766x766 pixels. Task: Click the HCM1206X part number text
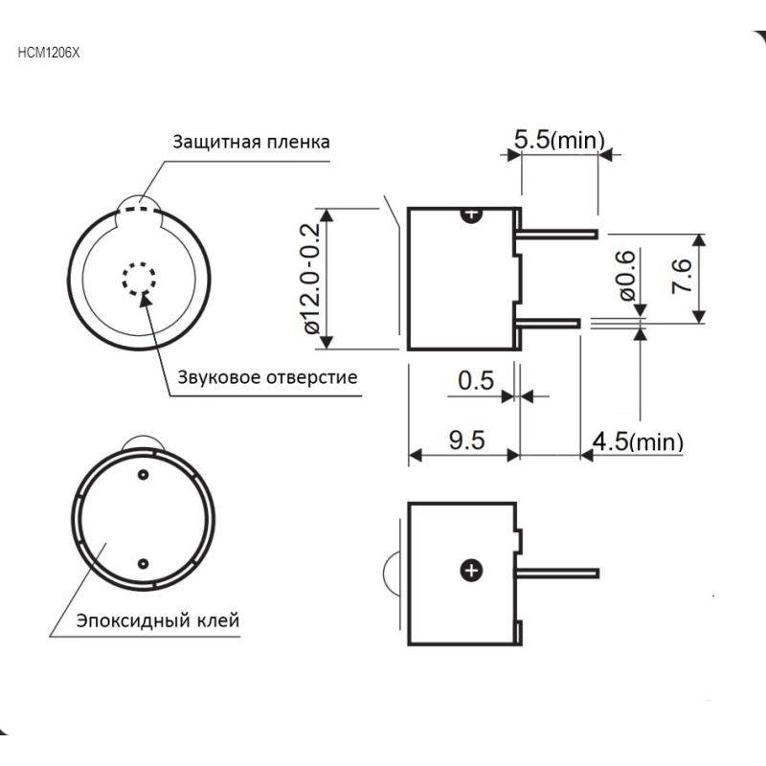tap(49, 53)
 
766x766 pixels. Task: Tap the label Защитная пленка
tap(251, 142)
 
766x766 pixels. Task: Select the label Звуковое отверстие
tap(267, 377)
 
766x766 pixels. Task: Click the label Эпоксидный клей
tap(158, 620)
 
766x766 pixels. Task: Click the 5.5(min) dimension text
tap(559, 140)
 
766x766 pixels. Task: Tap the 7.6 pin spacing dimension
tap(682, 276)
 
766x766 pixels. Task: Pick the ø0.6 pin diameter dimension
tap(627, 276)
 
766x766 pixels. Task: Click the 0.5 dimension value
tap(476, 380)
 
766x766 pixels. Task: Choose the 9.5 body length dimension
tap(467, 439)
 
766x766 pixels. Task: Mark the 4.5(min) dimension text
tap(638, 441)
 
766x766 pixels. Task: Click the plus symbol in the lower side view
tap(471, 571)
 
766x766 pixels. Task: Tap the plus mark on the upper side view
tap(472, 214)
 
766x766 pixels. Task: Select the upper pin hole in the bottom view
tap(143, 474)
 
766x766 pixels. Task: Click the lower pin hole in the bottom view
tap(143, 564)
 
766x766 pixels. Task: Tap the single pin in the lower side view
tap(556, 573)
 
